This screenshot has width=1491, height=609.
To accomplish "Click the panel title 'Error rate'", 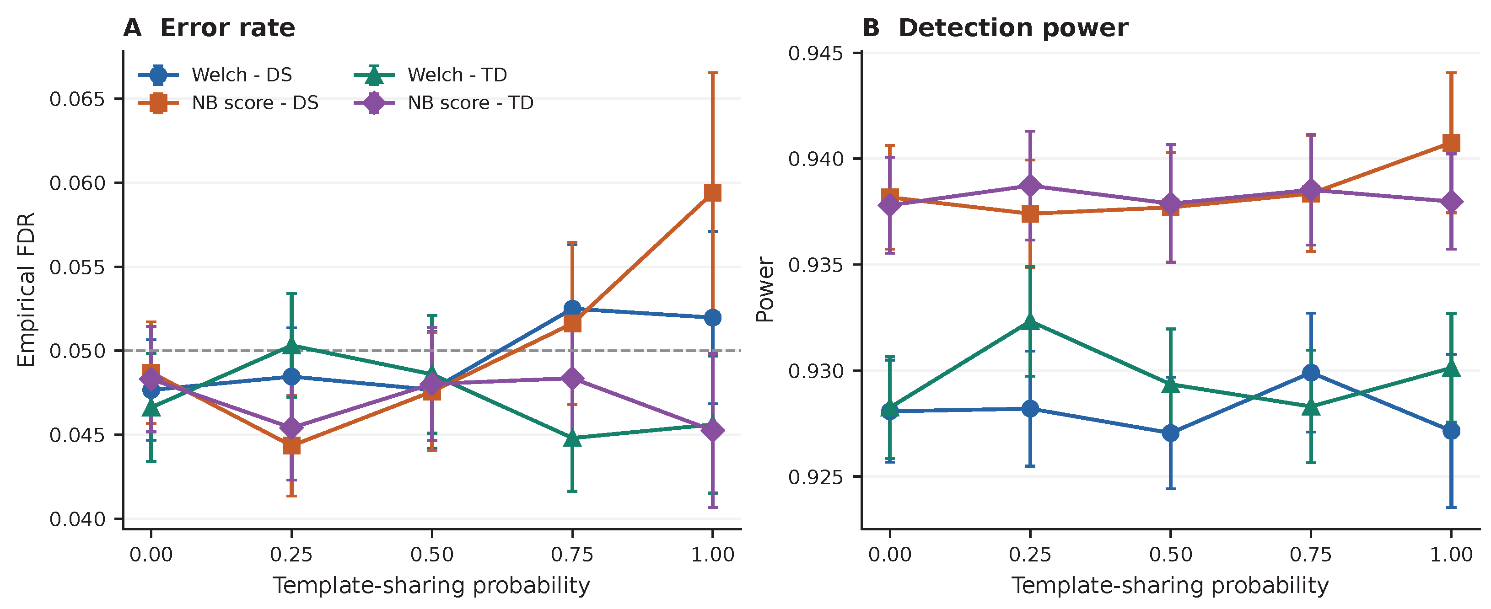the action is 227,28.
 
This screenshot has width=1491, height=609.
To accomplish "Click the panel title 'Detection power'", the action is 1013,28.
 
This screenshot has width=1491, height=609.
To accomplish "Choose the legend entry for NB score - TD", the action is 443,103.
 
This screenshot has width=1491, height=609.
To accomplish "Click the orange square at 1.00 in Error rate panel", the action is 712,192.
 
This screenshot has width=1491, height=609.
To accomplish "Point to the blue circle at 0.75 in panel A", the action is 572,309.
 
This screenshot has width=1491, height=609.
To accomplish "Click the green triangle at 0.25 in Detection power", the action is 1030,321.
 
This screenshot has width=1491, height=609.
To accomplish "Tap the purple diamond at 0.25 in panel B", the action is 1030,186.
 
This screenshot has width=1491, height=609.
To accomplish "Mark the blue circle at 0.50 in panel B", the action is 1170,433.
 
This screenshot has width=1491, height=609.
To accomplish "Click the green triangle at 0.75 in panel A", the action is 572,438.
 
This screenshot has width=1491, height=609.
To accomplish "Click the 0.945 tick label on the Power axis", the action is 816,53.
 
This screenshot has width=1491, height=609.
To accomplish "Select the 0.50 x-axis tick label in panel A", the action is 432,555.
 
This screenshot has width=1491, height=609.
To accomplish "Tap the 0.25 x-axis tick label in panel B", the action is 1030,555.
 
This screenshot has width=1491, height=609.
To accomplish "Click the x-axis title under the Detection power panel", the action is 1170,585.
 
